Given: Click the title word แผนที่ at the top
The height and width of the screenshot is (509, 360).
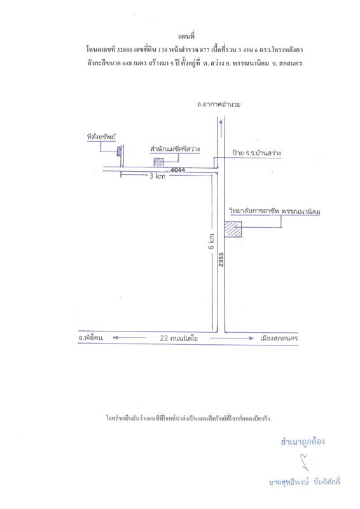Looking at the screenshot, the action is (x=186, y=36).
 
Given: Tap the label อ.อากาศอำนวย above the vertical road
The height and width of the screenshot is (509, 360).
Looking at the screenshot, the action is (x=219, y=104).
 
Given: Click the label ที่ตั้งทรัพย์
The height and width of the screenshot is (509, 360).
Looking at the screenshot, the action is (x=101, y=137).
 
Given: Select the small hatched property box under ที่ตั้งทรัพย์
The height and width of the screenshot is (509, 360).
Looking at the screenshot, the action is (x=119, y=151).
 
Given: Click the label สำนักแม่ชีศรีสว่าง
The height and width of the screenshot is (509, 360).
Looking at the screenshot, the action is (x=175, y=149).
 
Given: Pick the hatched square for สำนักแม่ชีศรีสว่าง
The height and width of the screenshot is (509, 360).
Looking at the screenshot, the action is (x=158, y=162).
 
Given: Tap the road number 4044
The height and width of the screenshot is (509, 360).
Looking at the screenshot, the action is (x=178, y=170).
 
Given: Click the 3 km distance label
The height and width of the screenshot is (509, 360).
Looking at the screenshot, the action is (x=158, y=176).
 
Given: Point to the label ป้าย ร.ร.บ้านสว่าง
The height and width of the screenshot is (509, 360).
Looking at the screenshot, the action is (x=256, y=153).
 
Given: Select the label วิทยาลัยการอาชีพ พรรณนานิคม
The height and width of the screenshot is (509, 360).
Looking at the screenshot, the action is (x=275, y=211).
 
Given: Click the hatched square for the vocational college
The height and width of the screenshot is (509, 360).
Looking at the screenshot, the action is (x=233, y=229).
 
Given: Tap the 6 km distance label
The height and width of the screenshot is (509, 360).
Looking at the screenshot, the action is (x=211, y=242).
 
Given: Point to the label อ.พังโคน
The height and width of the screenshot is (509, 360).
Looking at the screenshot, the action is (x=90, y=337).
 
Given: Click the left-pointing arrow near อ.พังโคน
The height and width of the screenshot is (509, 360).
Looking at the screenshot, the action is (x=129, y=338).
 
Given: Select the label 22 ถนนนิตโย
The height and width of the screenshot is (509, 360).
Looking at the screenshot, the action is (x=179, y=338).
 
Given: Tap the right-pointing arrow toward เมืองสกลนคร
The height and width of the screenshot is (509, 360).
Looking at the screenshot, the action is (x=232, y=338).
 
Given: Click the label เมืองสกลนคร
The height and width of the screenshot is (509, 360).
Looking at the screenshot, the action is (x=279, y=338).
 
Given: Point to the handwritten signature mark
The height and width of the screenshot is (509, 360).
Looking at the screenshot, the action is (x=304, y=462).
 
